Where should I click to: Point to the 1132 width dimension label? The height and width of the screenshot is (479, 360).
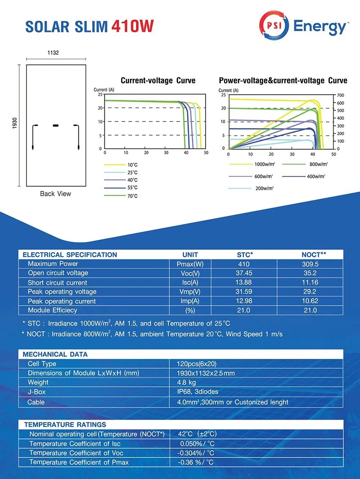pyautogui.click(x=53, y=53)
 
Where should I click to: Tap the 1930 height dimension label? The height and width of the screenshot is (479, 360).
pyautogui.click(x=14, y=125)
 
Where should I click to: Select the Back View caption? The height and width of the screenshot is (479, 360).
pyautogui.click(x=55, y=194)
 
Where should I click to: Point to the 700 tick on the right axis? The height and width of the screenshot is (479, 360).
pyautogui.click(x=340, y=95)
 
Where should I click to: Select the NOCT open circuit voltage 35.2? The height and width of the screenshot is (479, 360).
pyautogui.click(x=310, y=273)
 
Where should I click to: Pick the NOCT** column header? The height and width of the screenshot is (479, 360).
pyautogui.click(x=314, y=254)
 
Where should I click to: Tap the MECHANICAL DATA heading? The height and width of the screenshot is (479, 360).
pyautogui.click(x=55, y=354)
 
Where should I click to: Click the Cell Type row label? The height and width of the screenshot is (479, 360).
pyautogui.click(x=42, y=364)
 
